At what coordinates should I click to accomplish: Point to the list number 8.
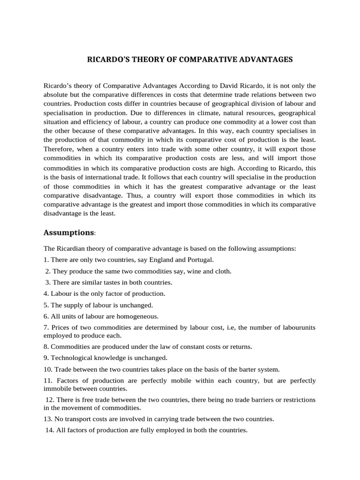[45, 346]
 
